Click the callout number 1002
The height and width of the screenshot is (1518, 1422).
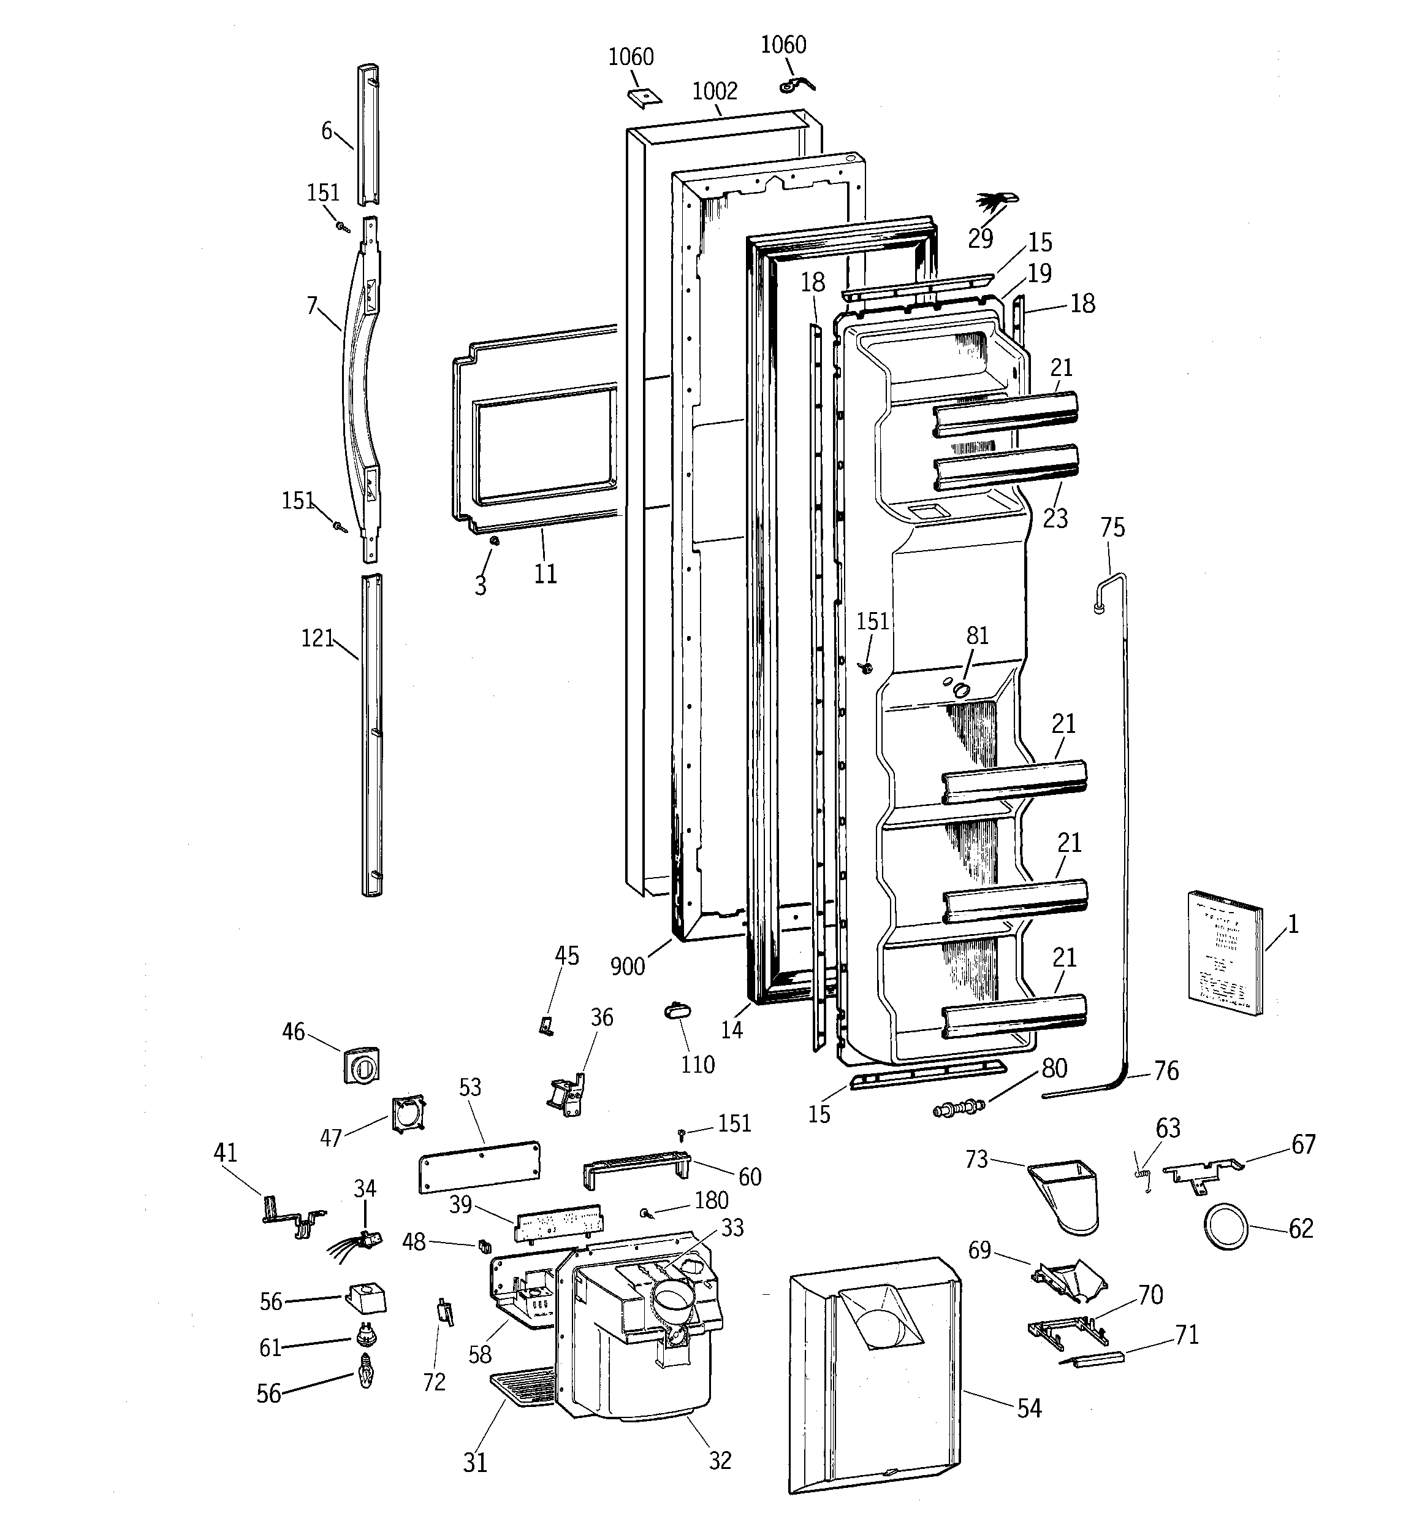715,91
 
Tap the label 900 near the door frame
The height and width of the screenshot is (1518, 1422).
628,967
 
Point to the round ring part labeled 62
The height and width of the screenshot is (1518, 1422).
1226,1229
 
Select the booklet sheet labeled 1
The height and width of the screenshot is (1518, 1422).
1223,951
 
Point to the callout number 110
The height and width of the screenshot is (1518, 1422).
698,1064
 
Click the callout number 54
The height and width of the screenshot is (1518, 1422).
1029,1409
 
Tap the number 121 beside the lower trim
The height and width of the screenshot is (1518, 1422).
317,638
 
